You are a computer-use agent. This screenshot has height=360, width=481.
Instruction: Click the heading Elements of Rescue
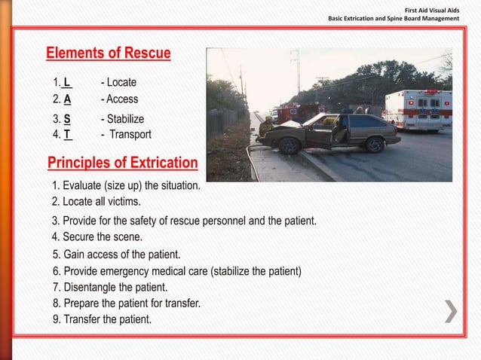click(109, 53)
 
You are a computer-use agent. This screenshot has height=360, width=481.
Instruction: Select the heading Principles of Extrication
click(122, 163)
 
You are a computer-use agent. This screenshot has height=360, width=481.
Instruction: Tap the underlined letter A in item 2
click(67, 99)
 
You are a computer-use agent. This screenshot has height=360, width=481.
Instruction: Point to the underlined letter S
click(67, 119)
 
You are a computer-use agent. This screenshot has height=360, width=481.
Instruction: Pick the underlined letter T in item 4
click(67, 135)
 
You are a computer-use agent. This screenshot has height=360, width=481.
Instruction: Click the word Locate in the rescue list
click(121, 81)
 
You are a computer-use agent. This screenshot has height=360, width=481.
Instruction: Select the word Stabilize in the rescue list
click(125, 119)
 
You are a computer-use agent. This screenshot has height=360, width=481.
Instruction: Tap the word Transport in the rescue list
click(130, 135)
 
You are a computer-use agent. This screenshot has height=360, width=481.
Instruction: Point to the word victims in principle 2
click(123, 202)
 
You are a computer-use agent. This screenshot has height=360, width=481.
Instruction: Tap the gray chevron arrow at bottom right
click(450, 312)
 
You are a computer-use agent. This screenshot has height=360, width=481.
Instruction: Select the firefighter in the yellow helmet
click(266, 126)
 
